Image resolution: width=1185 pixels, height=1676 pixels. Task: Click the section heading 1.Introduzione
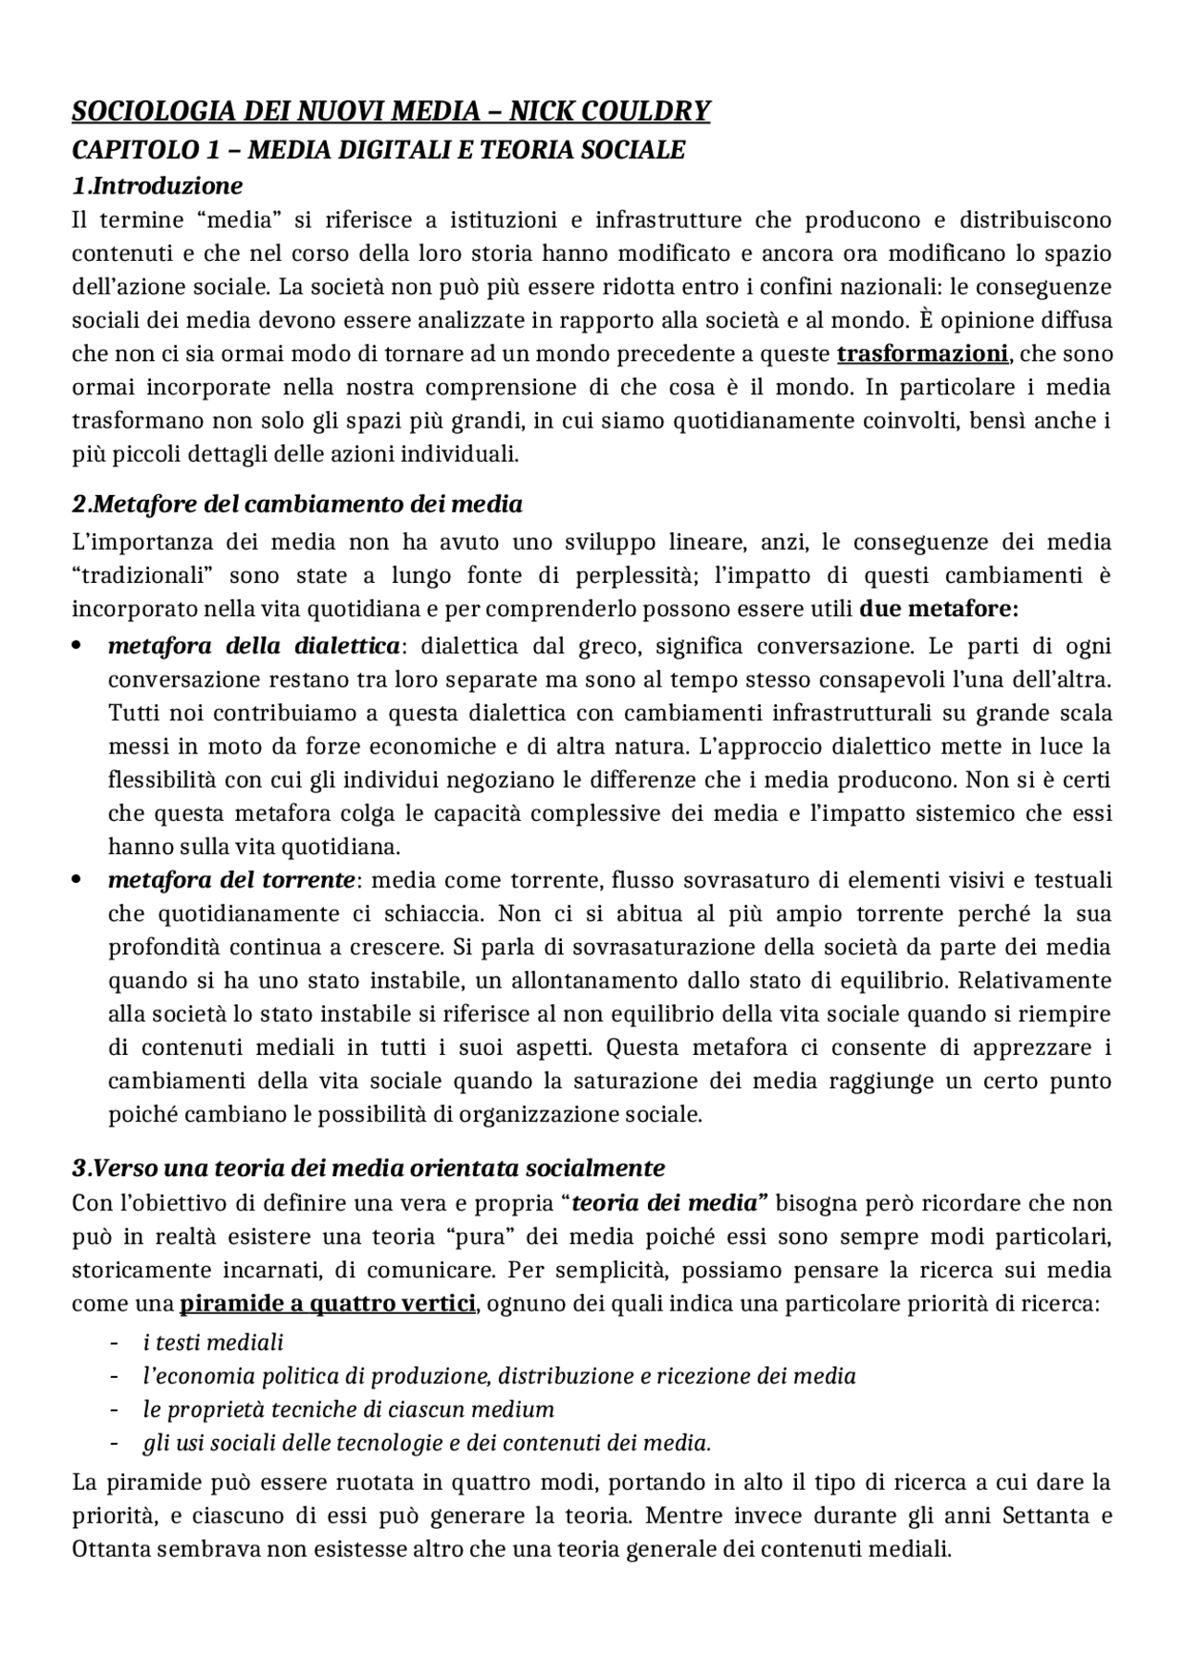click(157, 186)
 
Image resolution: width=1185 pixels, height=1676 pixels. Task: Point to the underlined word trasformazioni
click(922, 354)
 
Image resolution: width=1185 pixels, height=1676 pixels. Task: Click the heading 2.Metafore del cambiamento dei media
click(297, 504)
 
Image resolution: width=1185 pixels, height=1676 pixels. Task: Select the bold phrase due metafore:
click(939, 609)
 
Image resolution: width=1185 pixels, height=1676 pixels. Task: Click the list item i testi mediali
click(213, 1342)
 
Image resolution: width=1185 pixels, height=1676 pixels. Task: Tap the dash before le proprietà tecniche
click(114, 1409)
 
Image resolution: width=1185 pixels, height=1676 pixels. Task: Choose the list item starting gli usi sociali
click(426, 1443)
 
